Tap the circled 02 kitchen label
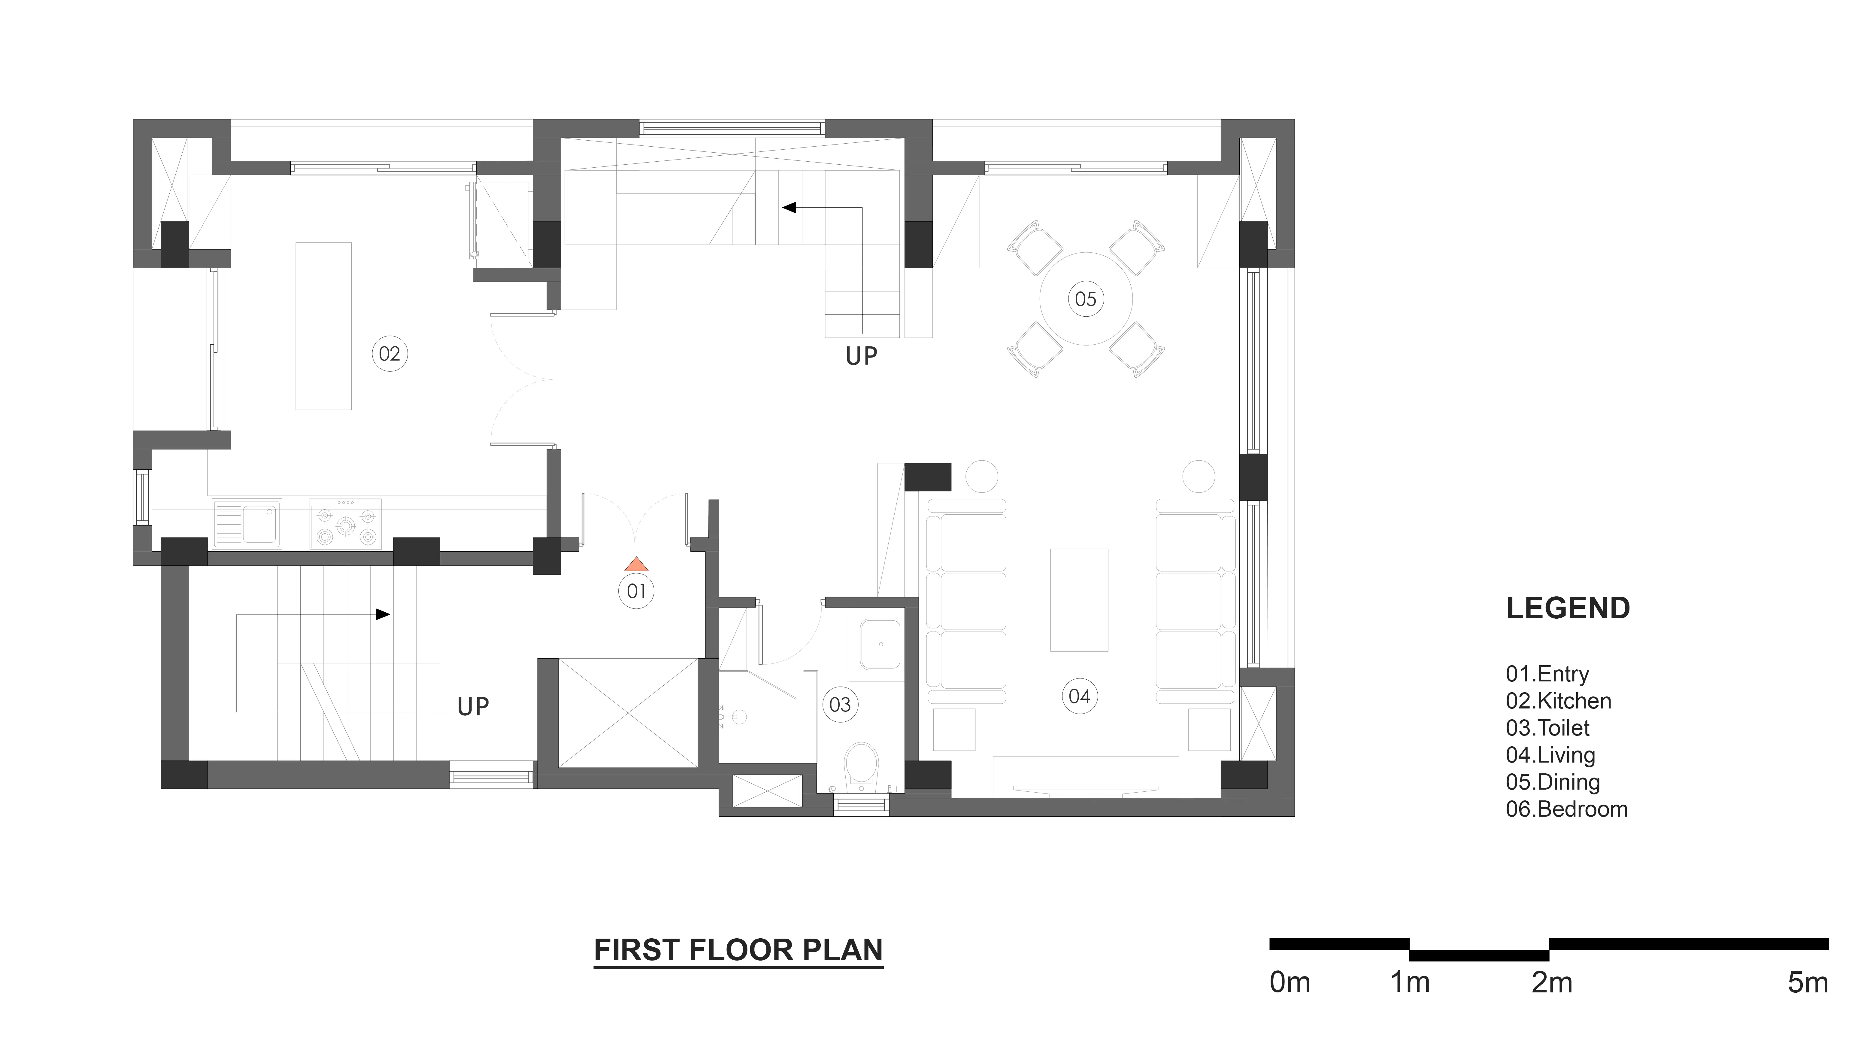click(x=390, y=354)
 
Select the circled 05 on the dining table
click(x=1086, y=299)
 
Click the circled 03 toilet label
click(x=840, y=705)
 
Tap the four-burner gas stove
click(x=345, y=523)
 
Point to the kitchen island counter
click(x=323, y=326)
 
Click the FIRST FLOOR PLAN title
click(x=739, y=950)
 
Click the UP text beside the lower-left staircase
click(x=473, y=706)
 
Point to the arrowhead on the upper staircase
click(x=789, y=208)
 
